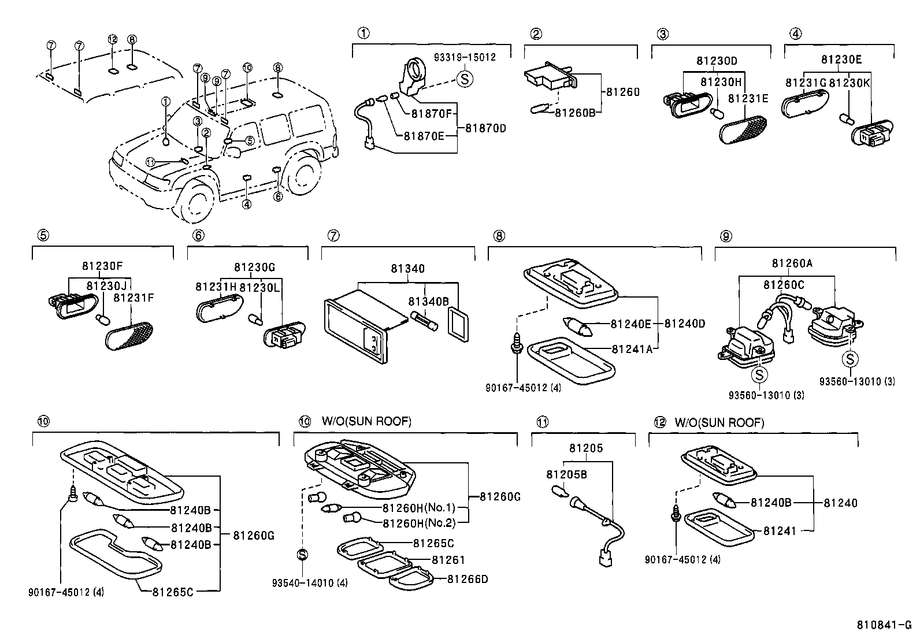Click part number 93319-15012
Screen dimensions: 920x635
(x=465, y=57)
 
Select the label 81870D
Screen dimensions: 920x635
(x=485, y=129)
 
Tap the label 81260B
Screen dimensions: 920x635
(x=575, y=113)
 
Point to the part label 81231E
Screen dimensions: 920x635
(x=748, y=99)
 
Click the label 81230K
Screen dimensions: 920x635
(x=849, y=83)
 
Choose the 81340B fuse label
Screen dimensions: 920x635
(x=428, y=302)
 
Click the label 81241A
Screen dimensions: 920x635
(x=632, y=349)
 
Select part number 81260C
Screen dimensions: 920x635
(x=784, y=285)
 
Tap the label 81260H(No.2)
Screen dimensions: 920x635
(x=420, y=523)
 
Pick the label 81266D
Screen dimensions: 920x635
(x=468, y=579)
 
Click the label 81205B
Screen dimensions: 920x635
(x=566, y=475)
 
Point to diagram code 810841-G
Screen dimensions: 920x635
(x=884, y=625)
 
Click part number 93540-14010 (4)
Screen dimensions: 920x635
(x=310, y=583)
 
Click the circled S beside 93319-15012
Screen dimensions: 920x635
(x=465, y=79)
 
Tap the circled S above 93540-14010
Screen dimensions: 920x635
(x=302, y=555)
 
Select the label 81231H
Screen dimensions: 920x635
(x=216, y=287)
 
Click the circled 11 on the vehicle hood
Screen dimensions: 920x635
(x=151, y=163)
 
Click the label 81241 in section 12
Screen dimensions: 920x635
(x=780, y=530)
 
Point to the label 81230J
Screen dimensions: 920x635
(x=106, y=285)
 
